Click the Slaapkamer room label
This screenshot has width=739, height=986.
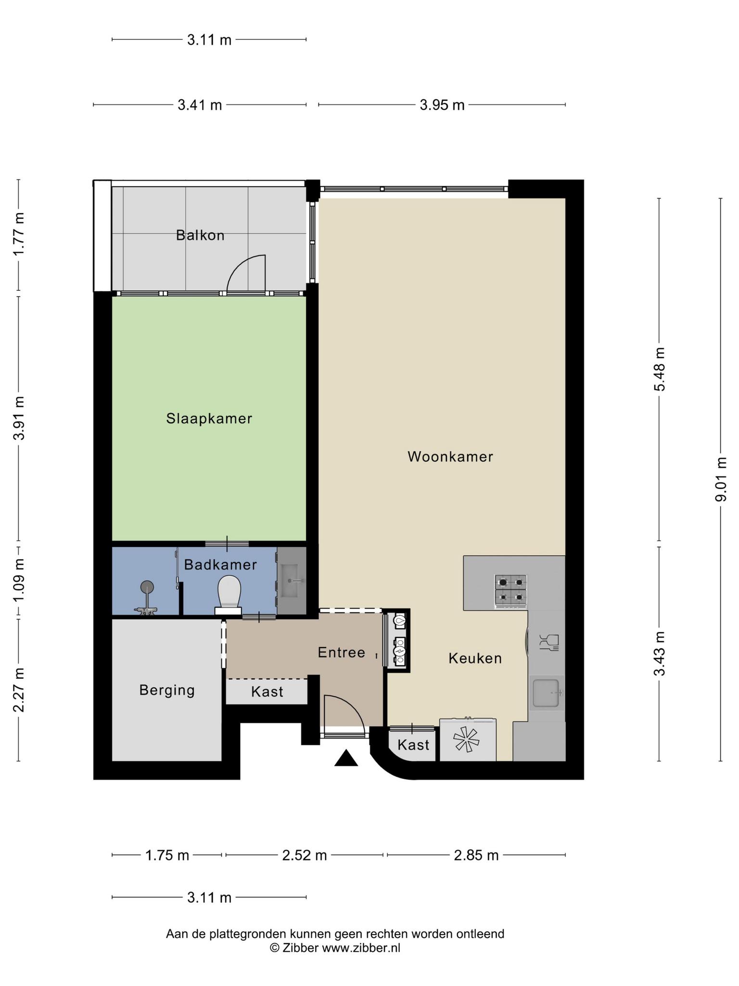(x=209, y=418)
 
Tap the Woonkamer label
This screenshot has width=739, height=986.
(x=450, y=456)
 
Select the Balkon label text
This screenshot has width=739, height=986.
(x=200, y=235)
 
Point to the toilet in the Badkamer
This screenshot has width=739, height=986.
(x=229, y=596)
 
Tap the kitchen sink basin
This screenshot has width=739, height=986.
(x=547, y=693)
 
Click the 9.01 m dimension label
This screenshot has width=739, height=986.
(x=720, y=479)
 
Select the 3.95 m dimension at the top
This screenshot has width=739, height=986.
(x=442, y=105)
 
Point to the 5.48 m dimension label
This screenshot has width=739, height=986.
(x=659, y=370)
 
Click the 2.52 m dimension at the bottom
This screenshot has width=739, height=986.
(x=305, y=855)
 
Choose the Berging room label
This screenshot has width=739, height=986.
(x=167, y=690)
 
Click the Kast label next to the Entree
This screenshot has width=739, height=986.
(x=267, y=692)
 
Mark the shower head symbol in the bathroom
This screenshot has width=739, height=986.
(x=147, y=587)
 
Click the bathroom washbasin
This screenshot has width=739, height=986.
(x=292, y=580)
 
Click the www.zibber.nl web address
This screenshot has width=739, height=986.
(x=361, y=948)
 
